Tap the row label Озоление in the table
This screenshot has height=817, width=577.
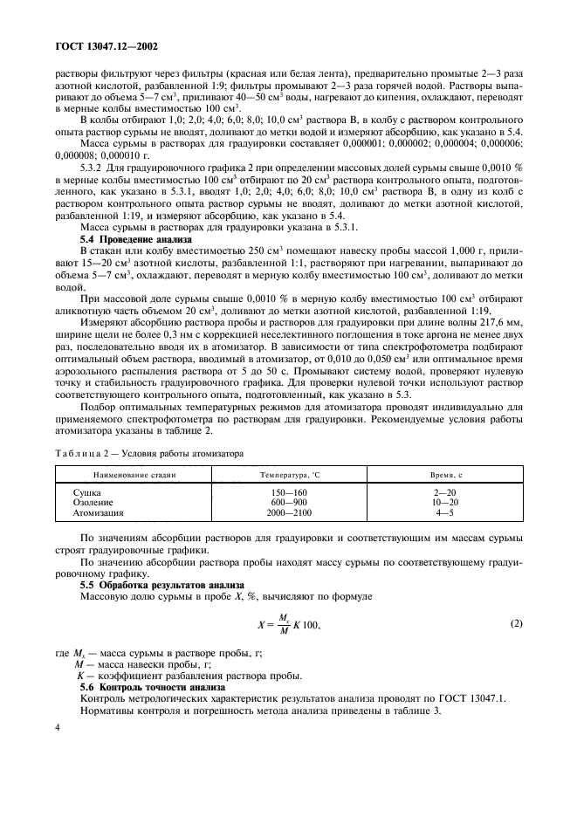click(93, 504)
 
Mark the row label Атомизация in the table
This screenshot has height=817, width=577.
click(98, 514)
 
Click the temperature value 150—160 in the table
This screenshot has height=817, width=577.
click(289, 493)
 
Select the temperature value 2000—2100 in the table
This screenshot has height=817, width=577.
click(289, 514)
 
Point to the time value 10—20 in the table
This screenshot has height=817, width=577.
click(446, 504)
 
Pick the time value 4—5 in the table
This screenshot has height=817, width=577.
click(446, 514)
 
